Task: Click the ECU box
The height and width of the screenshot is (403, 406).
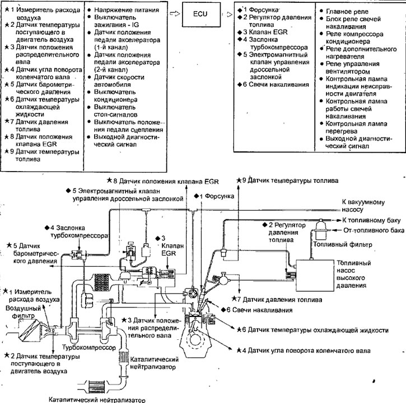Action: pyautogui.click(x=201, y=14)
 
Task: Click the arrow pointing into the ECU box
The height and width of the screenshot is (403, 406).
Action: pyautogui.click(x=175, y=13)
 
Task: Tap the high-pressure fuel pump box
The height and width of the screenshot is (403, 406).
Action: pyautogui.click(x=315, y=276)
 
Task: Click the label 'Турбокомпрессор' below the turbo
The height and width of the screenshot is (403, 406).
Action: pyautogui.click(x=89, y=347)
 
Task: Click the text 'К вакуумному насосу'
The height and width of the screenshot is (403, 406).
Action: pyautogui.click(x=363, y=206)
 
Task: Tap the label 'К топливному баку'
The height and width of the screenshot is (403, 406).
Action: pyautogui.click(x=371, y=220)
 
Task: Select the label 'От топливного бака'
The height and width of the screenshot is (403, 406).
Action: pyautogui.click(x=374, y=230)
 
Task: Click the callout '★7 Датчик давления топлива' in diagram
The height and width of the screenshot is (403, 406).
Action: pyautogui.click(x=277, y=300)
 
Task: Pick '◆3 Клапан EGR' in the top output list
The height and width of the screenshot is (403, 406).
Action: pyautogui.click(x=263, y=32)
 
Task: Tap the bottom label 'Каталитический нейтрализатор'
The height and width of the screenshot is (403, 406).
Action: pyautogui.click(x=97, y=400)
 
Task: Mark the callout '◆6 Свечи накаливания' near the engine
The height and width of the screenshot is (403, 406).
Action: pyautogui.click(x=257, y=310)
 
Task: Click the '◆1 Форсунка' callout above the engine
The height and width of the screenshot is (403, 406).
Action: pyautogui.click(x=214, y=196)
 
